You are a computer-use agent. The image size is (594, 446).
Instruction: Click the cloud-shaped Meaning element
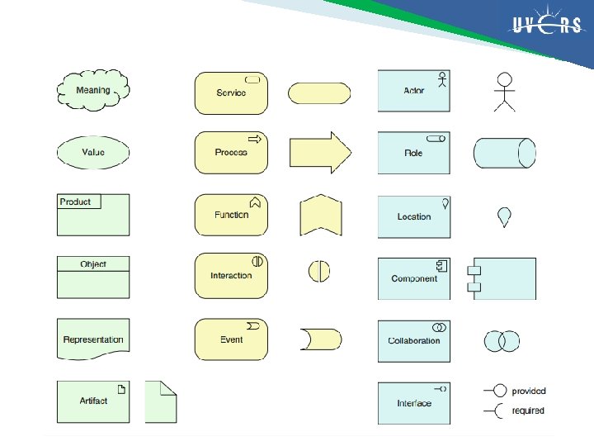point(93,90)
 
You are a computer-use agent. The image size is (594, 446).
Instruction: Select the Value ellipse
point(93,153)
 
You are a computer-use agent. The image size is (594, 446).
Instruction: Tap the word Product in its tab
point(76,202)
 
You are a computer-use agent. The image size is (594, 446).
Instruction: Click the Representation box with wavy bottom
point(93,339)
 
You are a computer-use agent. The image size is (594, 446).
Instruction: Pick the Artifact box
point(93,401)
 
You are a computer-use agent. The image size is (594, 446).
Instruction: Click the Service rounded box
point(231,93)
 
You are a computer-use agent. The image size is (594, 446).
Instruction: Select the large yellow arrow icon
point(320,153)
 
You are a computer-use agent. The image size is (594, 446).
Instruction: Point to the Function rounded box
point(231,215)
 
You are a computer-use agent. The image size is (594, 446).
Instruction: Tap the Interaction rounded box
point(231,276)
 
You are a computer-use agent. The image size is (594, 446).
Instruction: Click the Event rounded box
point(231,339)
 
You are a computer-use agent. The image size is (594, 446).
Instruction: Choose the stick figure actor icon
point(504,90)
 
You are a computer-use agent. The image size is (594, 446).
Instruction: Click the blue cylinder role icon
point(504,153)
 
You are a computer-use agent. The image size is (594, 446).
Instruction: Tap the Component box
point(414,278)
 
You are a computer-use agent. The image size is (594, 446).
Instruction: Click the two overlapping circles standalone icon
point(502,340)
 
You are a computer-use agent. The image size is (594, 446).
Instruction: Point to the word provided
point(529,391)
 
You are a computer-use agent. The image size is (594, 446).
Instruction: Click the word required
point(528,410)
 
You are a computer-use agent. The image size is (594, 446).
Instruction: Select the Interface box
point(414,403)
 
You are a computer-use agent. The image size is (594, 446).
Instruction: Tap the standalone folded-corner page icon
point(161,401)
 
